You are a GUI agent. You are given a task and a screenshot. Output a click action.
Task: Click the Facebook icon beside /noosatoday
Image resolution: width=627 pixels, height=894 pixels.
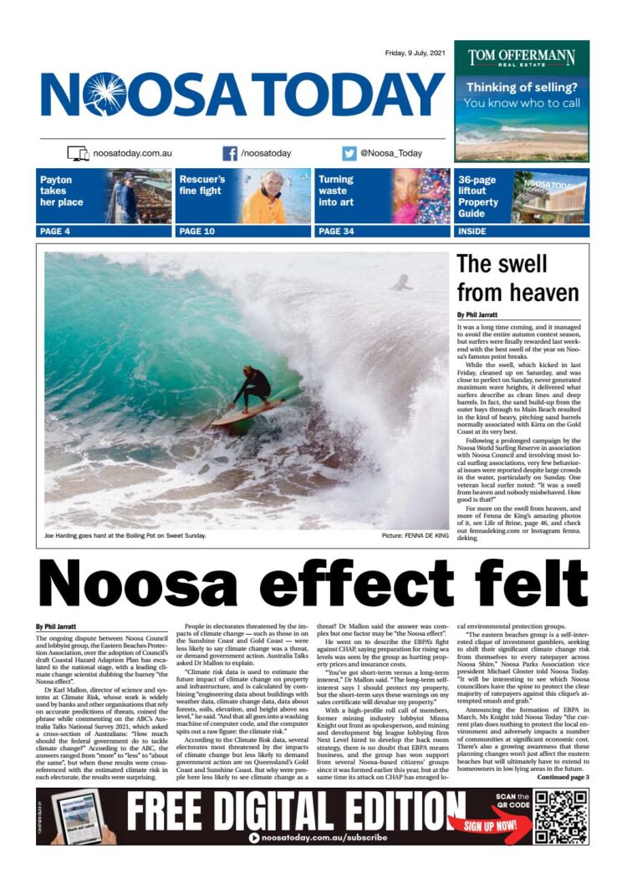(x=230, y=153)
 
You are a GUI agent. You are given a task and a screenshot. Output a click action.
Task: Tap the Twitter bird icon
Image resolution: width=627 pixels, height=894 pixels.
(x=349, y=153)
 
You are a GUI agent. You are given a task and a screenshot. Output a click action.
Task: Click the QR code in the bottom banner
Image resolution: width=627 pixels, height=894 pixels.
(x=562, y=816)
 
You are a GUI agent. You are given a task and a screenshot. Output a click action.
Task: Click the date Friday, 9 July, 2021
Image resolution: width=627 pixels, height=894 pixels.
(x=415, y=53)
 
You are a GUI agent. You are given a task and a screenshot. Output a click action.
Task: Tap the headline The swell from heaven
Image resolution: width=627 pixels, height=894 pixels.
(x=517, y=278)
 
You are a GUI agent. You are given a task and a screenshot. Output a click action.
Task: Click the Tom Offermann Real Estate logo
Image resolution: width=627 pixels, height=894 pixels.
(x=522, y=59)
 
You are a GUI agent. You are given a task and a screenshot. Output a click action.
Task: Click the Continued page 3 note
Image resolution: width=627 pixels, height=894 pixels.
(x=563, y=777)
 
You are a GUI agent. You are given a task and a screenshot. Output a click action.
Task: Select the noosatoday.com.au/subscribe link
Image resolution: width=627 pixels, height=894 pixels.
(x=324, y=837)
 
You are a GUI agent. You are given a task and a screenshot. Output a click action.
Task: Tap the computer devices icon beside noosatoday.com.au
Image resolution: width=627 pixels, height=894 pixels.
(x=78, y=153)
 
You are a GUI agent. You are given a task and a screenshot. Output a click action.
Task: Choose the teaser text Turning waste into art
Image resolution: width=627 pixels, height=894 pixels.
(x=336, y=191)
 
